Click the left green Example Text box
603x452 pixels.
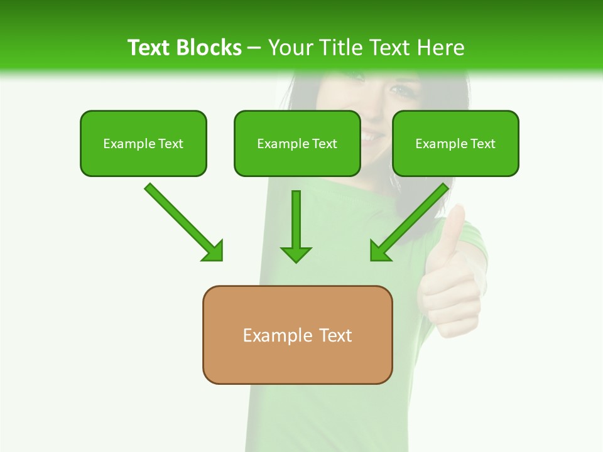point(143,144)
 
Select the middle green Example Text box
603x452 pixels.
point(297,144)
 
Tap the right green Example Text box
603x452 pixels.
point(455,144)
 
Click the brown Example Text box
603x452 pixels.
point(297,335)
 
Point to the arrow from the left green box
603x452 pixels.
point(182,221)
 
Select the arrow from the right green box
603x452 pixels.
point(411,221)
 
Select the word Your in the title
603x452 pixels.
point(290,48)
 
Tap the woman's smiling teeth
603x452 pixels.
point(372,136)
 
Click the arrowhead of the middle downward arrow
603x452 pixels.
point(296,254)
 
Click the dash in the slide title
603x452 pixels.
point(254,48)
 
